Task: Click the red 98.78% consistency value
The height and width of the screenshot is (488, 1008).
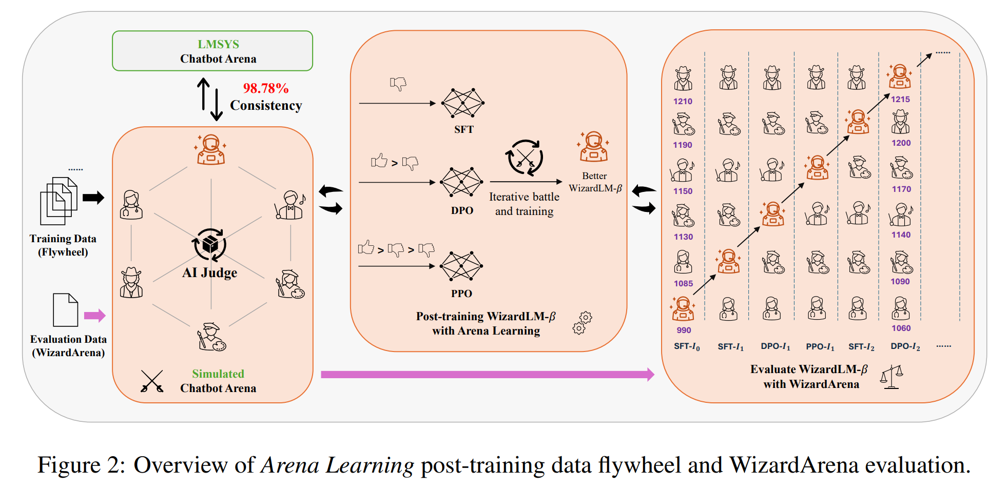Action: coord(265,88)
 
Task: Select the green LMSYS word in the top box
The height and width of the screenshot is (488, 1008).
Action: coord(218,44)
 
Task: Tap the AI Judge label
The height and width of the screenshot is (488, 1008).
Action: coord(210,272)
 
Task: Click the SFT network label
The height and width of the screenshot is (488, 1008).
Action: coord(463,130)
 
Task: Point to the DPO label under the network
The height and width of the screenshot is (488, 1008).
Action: coord(462,210)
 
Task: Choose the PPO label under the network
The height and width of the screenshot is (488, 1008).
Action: coord(461,294)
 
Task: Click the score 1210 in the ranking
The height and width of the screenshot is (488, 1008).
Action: coord(683,102)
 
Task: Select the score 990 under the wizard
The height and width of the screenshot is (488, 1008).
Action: coord(684,330)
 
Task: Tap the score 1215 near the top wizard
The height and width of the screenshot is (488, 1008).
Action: coord(900,100)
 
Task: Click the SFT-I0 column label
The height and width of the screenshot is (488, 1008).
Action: coord(687,347)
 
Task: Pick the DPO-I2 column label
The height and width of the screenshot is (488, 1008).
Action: coord(905,347)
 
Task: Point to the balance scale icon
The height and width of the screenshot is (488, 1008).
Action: coord(891,377)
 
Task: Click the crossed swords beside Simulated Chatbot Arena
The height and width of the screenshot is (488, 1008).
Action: coord(152,381)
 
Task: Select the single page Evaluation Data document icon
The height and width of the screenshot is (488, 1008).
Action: coord(66,310)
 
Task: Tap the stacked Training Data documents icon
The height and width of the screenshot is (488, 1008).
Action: coord(59,201)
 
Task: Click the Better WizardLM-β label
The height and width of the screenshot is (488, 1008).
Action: coord(595,182)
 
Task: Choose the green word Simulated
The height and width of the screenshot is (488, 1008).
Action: coord(218,374)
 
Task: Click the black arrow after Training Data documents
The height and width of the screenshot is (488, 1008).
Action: coord(93,198)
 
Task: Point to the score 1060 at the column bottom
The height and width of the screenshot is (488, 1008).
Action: coord(901,328)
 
